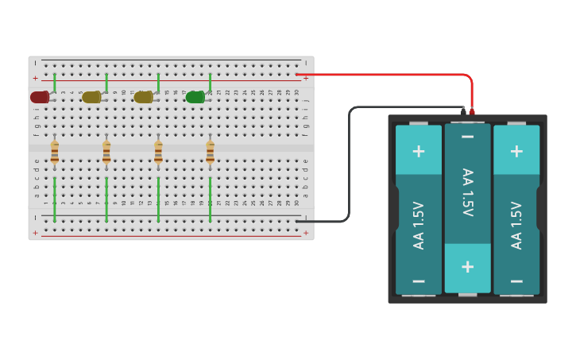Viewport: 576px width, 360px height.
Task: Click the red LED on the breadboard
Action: point(39,97)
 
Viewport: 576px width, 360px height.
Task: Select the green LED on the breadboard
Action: point(195,97)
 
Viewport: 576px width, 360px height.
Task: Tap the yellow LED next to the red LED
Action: point(91,97)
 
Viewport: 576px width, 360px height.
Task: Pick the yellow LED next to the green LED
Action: point(143,97)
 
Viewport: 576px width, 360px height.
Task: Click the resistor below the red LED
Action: point(54,151)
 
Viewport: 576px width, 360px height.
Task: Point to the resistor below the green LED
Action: point(210,151)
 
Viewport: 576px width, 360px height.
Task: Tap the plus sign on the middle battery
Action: point(467,266)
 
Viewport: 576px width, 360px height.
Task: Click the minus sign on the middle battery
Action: point(467,137)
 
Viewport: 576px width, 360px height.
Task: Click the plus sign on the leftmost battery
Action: point(419,151)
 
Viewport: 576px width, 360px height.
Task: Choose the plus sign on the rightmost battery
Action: point(516,151)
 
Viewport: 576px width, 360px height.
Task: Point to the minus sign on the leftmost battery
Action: point(419,281)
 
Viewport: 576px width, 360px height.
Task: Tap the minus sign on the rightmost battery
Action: point(516,281)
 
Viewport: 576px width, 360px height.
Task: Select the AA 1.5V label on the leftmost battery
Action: point(419,225)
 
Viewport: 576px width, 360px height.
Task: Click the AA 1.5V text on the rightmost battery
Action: point(516,225)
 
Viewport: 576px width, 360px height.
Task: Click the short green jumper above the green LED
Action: point(210,83)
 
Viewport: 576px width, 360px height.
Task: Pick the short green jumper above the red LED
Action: point(54,83)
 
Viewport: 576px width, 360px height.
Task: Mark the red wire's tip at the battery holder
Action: point(472,110)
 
